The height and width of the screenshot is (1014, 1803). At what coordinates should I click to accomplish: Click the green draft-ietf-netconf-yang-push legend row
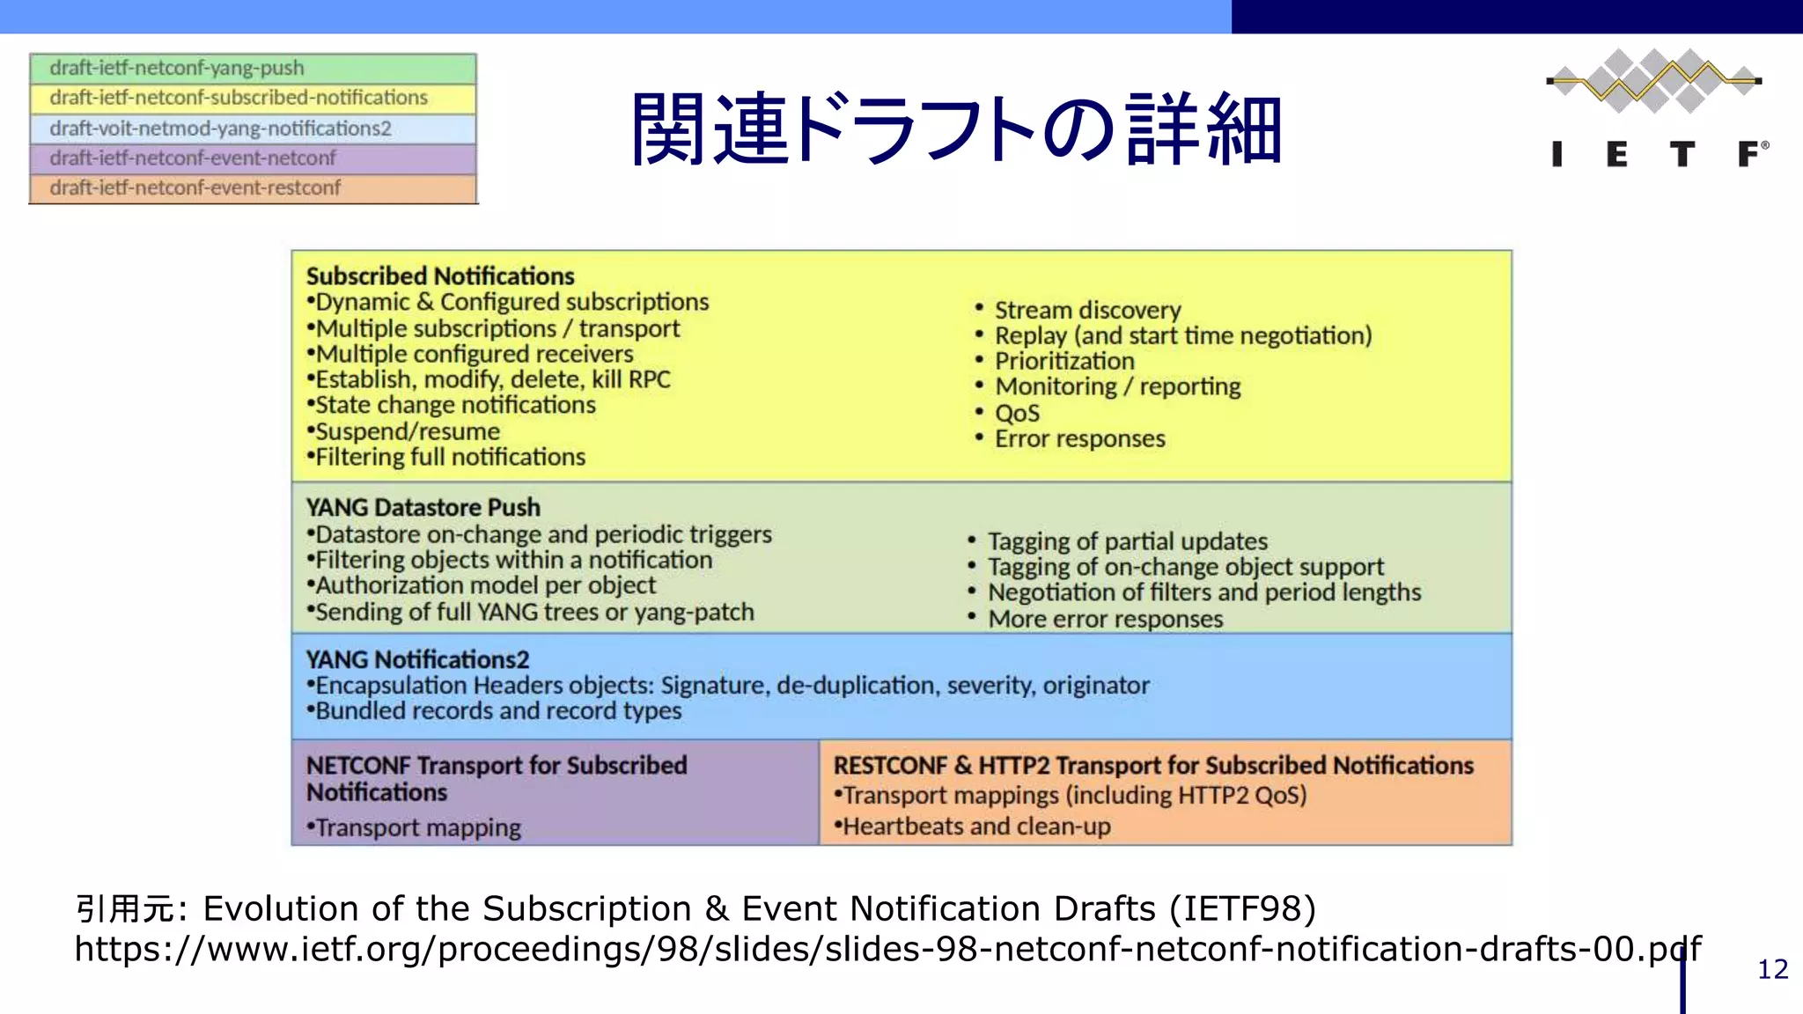point(253,69)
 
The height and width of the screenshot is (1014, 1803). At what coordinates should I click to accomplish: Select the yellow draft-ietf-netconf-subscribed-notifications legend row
point(253,98)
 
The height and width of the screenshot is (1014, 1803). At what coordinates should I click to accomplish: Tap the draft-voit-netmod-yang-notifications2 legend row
point(253,129)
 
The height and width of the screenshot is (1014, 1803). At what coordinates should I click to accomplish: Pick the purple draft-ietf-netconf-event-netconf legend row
point(253,158)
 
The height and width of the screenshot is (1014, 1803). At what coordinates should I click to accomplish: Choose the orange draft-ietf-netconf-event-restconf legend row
point(253,188)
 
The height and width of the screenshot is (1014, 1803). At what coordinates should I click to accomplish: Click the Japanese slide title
point(956,129)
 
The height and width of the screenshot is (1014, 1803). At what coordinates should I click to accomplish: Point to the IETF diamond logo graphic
point(1653,81)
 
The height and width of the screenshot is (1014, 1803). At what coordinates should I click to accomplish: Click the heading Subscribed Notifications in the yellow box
point(440,276)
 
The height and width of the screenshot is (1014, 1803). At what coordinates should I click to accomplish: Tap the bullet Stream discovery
point(1087,310)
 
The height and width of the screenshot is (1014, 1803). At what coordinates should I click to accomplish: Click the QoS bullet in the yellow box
point(1017,413)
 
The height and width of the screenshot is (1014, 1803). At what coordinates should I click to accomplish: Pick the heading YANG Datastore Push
point(423,508)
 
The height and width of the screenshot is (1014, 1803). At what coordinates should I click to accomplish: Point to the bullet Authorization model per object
point(485,585)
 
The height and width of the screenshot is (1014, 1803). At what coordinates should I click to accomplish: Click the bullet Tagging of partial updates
point(1127,541)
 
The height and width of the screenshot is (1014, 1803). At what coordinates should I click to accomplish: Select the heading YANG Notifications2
point(418,659)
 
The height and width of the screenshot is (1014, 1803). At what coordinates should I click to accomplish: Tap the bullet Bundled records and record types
point(497,711)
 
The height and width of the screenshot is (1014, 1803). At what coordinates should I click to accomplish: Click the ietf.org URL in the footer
point(887,949)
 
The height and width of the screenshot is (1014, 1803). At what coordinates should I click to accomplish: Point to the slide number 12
point(1772,969)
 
